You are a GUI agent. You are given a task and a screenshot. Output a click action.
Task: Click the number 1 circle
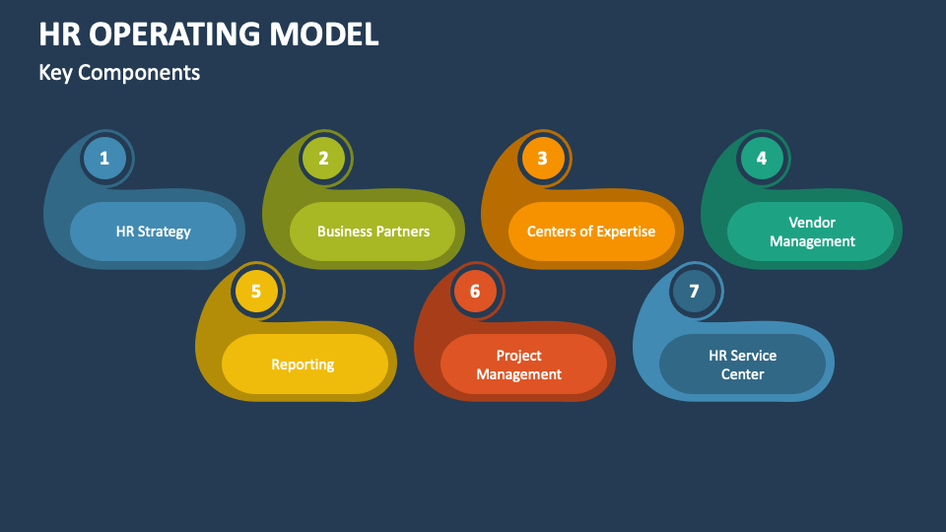104,158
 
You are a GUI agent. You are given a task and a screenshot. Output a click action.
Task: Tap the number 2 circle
323,158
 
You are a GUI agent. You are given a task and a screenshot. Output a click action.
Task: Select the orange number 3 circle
542,158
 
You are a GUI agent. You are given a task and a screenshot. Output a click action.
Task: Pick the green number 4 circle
761,158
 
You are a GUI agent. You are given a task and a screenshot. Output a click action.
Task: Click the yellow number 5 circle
256,291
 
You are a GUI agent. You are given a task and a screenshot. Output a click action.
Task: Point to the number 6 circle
475,291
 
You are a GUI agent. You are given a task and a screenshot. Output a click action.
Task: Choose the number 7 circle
694,291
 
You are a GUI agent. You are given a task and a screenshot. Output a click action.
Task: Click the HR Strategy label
153,232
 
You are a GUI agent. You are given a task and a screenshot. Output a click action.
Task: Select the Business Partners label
373,232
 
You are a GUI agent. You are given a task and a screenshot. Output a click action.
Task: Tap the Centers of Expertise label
591,232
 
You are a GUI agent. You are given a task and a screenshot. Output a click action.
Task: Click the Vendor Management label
812,232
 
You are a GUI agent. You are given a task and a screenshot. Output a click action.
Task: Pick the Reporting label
303,365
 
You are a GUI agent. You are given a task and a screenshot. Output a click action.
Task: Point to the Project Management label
519,365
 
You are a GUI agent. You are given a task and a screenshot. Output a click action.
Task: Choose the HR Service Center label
742,365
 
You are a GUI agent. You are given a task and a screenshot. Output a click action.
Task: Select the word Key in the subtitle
54,73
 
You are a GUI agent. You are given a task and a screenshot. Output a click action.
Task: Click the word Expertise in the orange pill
625,232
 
